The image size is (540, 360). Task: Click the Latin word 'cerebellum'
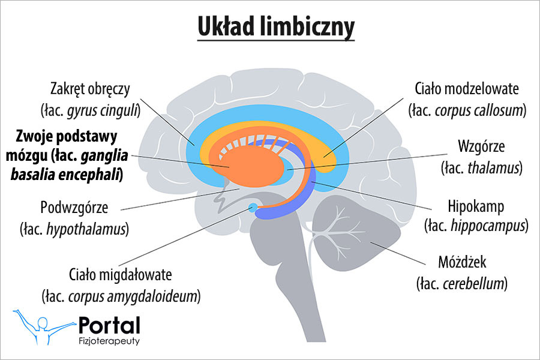click(x=477, y=283)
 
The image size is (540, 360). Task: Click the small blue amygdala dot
click(x=253, y=208)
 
